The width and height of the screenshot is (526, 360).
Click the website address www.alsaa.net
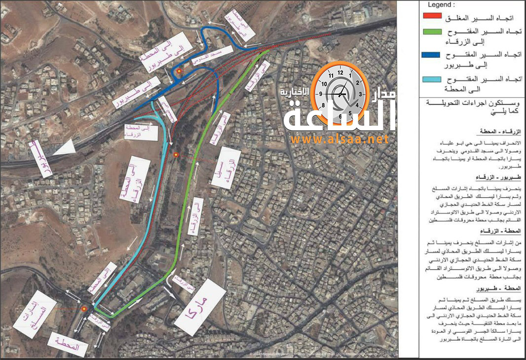339,140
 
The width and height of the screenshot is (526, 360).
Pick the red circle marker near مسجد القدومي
180,72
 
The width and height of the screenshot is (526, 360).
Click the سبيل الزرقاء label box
226,168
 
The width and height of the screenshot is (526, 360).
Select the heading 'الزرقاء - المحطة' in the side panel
499,133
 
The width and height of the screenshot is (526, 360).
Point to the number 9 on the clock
321,93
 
